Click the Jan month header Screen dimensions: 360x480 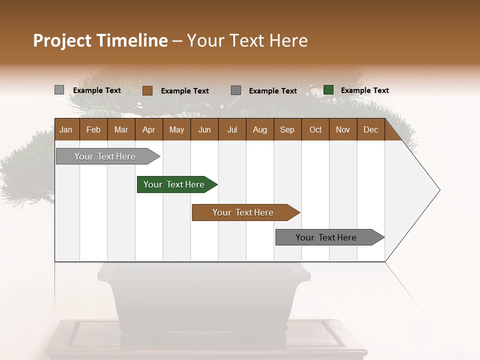66,129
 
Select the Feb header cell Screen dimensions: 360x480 93,129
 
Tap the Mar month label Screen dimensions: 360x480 121,129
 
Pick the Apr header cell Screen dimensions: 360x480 149,129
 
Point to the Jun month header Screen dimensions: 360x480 204,129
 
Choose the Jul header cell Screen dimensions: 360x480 232,129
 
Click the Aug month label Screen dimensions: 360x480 260,129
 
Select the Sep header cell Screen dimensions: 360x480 287,129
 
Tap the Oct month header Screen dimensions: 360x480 315,129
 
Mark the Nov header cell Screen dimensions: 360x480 343,129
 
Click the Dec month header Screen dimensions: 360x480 371,129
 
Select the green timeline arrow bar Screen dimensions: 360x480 175,184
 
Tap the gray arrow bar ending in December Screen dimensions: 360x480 327,237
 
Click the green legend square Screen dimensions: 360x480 328,90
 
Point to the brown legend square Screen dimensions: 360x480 147,90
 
